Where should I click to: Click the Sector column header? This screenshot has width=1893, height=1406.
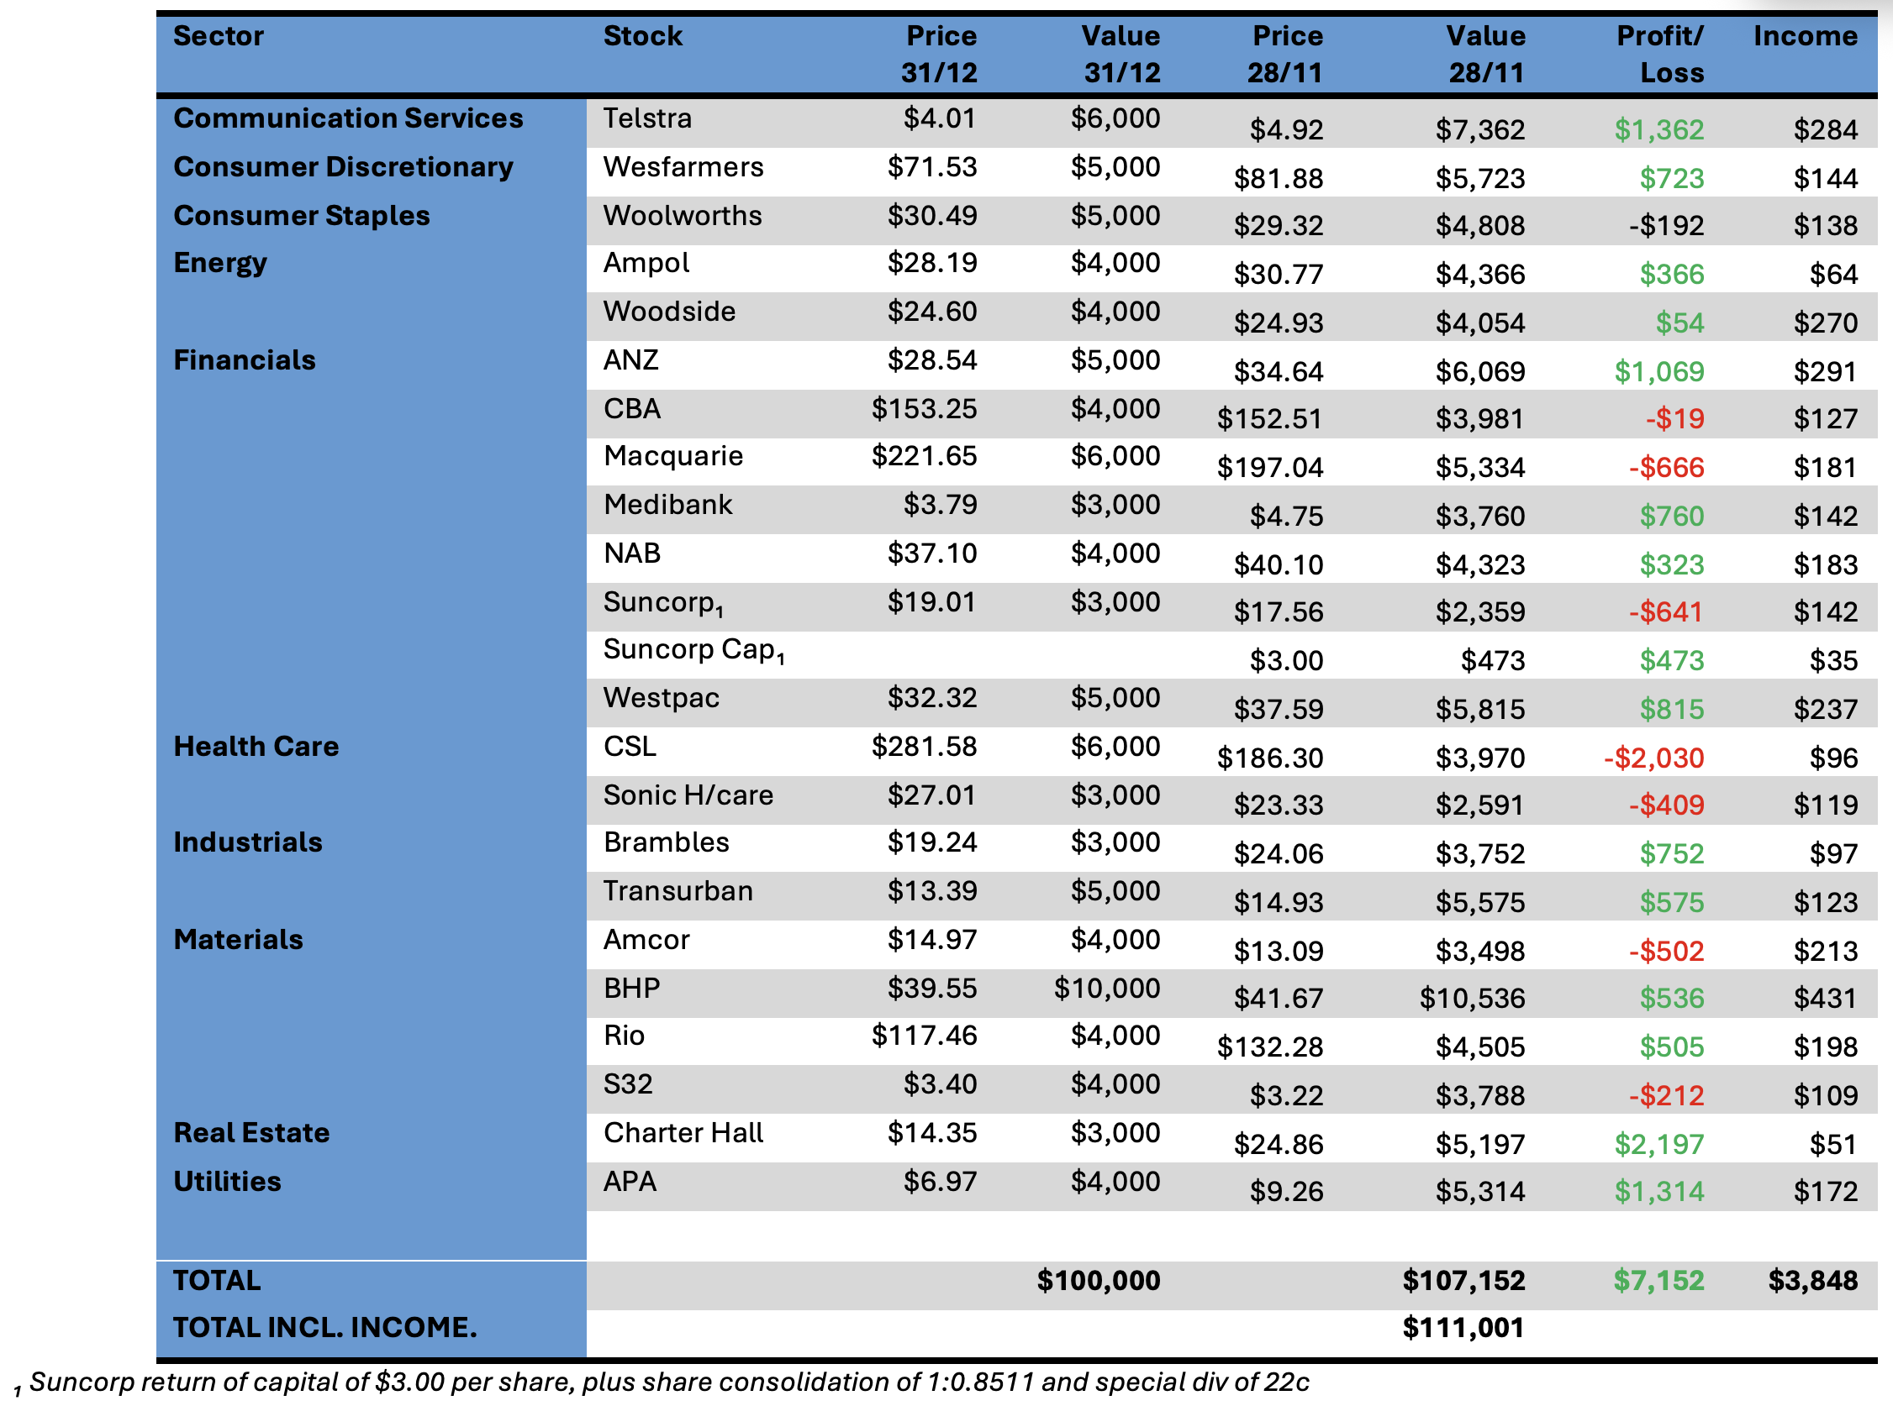pos(218,36)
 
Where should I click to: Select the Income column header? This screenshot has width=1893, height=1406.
pos(1805,36)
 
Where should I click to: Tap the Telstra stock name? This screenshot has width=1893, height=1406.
pos(647,118)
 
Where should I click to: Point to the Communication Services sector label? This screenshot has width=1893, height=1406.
pos(347,118)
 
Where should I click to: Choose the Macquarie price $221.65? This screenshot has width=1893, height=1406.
pos(923,456)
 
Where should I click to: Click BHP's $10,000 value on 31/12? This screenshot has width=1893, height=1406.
pos(1106,988)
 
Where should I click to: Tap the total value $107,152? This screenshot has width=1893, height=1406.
pos(1463,1280)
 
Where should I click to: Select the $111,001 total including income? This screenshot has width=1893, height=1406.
pos(1463,1328)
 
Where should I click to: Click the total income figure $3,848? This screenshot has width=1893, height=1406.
pos(1812,1280)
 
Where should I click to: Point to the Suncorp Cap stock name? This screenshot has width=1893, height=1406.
pos(693,650)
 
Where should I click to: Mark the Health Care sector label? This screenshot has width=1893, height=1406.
pos(256,747)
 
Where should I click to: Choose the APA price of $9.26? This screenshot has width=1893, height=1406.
pos(1286,1192)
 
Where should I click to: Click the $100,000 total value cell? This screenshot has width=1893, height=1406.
pos(1098,1280)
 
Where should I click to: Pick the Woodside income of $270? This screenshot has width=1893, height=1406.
pos(1825,323)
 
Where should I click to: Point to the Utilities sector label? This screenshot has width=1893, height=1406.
pos(226,1181)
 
